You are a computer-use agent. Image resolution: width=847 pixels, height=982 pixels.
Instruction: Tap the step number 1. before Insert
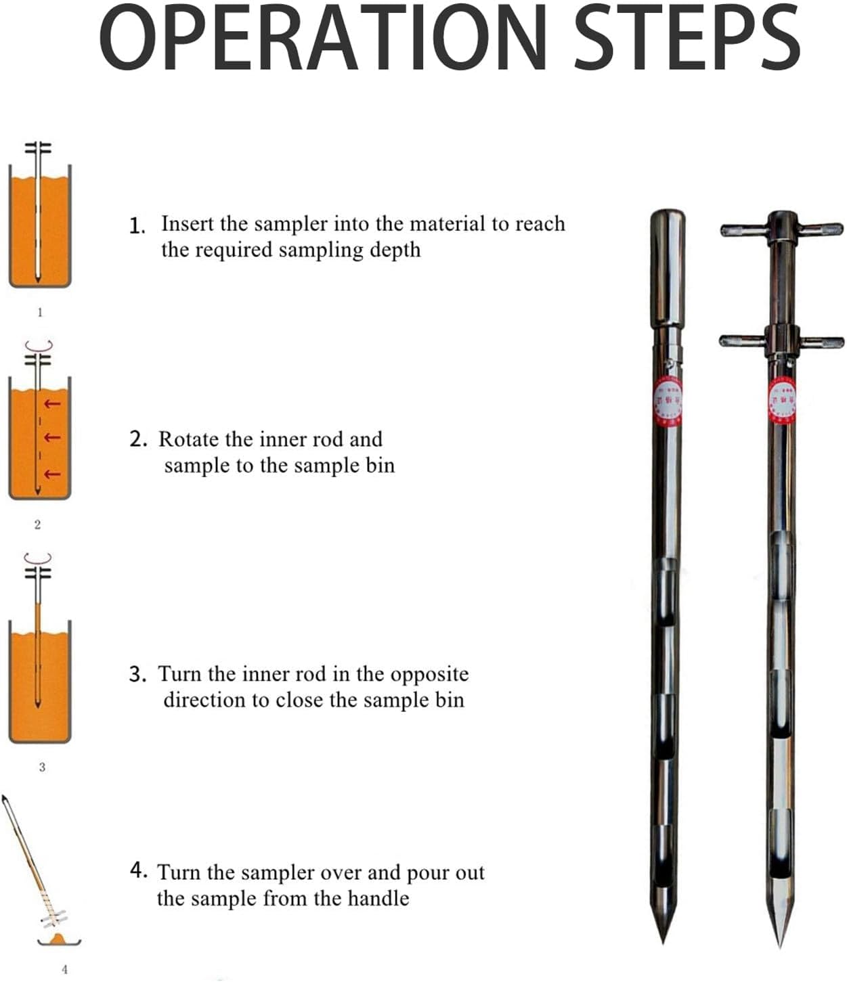coord(137,225)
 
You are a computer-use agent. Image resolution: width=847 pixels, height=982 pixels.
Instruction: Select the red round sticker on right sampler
coord(782,400)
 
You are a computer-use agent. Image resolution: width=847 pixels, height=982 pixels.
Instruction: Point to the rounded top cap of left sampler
coord(667,223)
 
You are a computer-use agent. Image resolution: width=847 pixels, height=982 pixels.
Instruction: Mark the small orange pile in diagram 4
coord(59,938)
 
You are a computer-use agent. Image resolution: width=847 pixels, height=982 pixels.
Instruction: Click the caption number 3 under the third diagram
coord(42,767)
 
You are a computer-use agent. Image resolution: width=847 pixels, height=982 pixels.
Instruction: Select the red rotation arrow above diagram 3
coord(38,558)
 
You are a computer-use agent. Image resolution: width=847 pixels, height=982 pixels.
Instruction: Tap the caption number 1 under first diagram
coord(39,313)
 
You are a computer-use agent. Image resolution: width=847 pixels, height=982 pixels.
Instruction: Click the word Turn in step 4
coord(179,873)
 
